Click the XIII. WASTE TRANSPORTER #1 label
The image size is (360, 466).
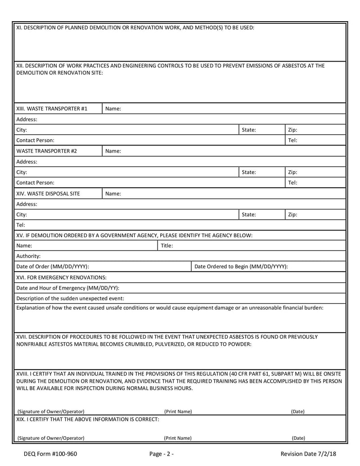pos(52,109)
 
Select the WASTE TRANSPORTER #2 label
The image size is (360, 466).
pos(46,151)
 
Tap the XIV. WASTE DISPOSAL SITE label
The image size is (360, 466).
pos(48,194)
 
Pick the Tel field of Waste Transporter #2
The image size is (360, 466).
pos(315,183)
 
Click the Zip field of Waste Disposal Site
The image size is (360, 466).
pos(315,215)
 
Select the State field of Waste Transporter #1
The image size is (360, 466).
pos(261,130)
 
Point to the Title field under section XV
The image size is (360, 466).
pos(252,246)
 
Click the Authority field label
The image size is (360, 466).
pos(28,256)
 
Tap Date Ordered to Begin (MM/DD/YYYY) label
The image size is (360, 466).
pos(241,267)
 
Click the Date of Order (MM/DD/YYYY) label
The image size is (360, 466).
pos(53,267)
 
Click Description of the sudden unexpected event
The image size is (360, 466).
pos(70,298)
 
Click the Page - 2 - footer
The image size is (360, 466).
pos(162,454)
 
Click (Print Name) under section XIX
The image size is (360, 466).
pos(178,438)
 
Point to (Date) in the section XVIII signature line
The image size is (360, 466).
pos(298,411)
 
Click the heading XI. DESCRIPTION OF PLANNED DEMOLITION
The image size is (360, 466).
pos(135,27)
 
